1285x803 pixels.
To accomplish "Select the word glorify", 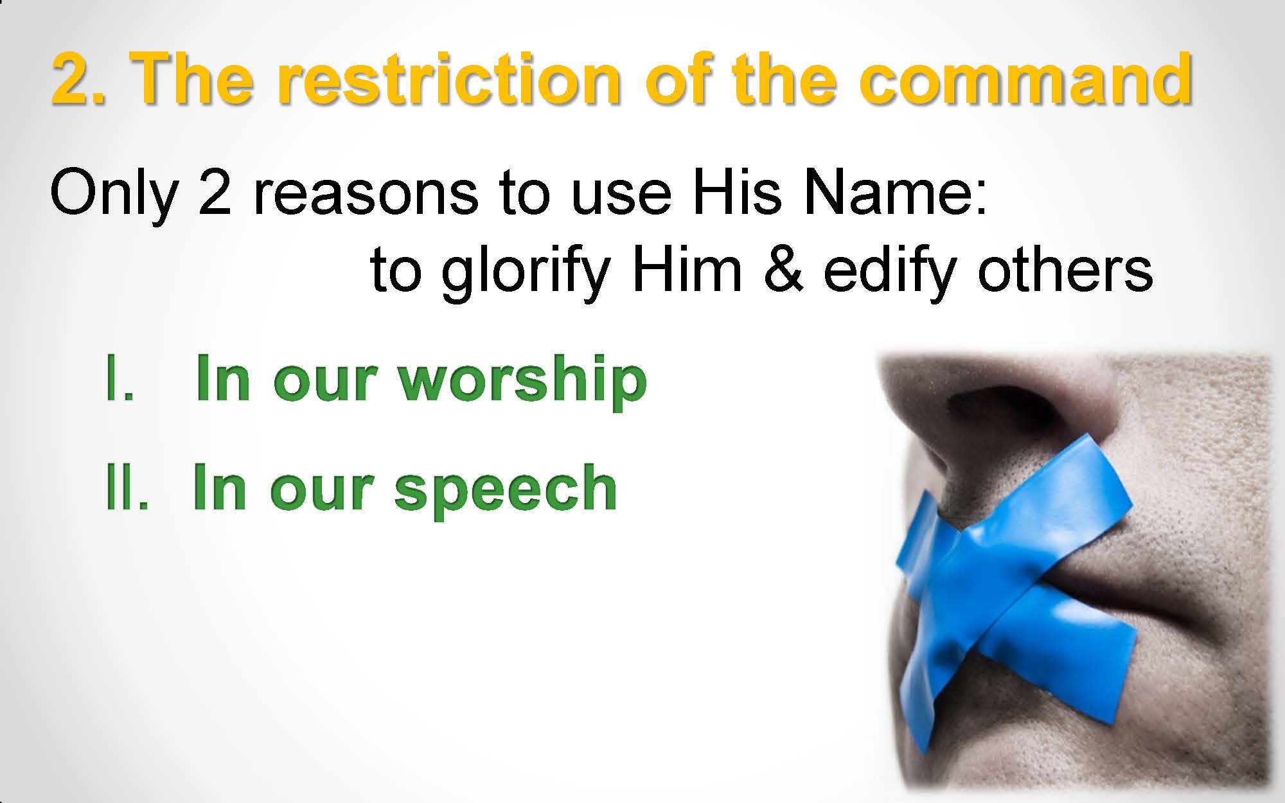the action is pos(525,272).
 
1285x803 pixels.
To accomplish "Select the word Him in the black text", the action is pos(687,270).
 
